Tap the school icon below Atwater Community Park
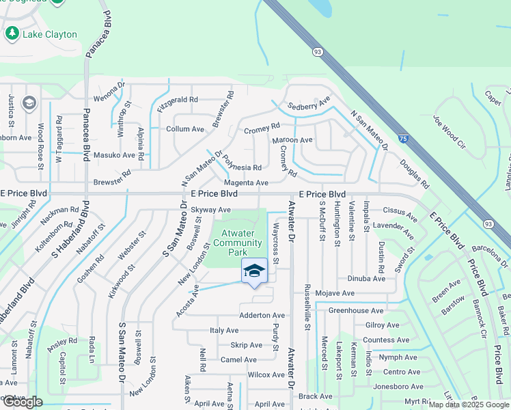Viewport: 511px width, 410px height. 253,271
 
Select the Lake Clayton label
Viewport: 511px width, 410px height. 50,34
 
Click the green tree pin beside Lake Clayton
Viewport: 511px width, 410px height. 12,33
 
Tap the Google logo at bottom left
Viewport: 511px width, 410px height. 22,402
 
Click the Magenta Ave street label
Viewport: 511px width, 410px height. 246,183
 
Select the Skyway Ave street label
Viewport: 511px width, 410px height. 210,210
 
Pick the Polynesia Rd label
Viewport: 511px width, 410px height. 242,167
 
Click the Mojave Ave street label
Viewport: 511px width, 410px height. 334,293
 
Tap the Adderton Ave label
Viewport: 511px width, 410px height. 262,316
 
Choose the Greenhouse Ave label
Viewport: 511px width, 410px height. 355,310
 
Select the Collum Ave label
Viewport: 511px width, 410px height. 185,128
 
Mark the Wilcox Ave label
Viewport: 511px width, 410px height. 266,375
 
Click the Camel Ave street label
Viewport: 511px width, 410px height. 238,360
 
